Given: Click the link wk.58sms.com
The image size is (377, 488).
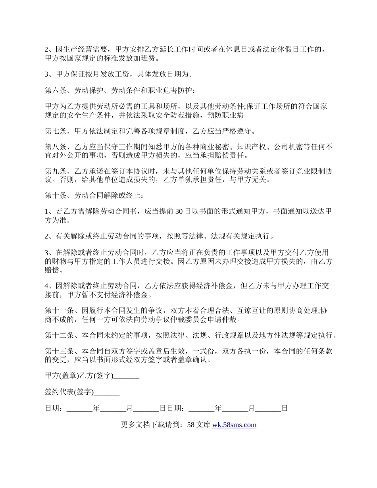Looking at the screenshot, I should (x=234, y=425).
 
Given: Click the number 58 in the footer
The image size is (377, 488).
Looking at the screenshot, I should (x=190, y=425).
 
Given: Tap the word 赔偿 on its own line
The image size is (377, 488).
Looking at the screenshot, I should (x=52, y=270).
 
